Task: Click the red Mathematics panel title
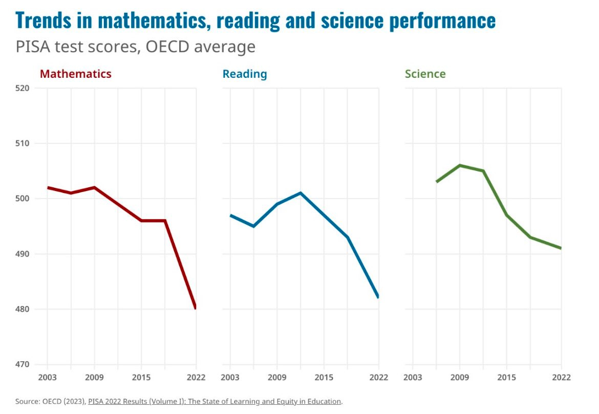coord(75,74)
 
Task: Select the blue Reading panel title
coord(244,74)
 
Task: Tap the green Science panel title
coord(425,74)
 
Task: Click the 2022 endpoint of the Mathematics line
coord(196,308)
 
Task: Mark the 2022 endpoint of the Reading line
coord(378,297)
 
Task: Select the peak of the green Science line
coord(460,165)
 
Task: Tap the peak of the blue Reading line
coord(301,193)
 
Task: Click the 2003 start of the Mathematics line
coord(48,187)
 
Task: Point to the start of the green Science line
coord(437,182)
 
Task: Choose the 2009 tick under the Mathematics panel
coord(94,378)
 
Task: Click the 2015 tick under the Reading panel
coord(324,378)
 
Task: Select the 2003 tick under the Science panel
coord(413,378)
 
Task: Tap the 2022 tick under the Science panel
coord(561,378)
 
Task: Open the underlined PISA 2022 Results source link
coord(214,401)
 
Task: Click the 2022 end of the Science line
coord(561,248)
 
